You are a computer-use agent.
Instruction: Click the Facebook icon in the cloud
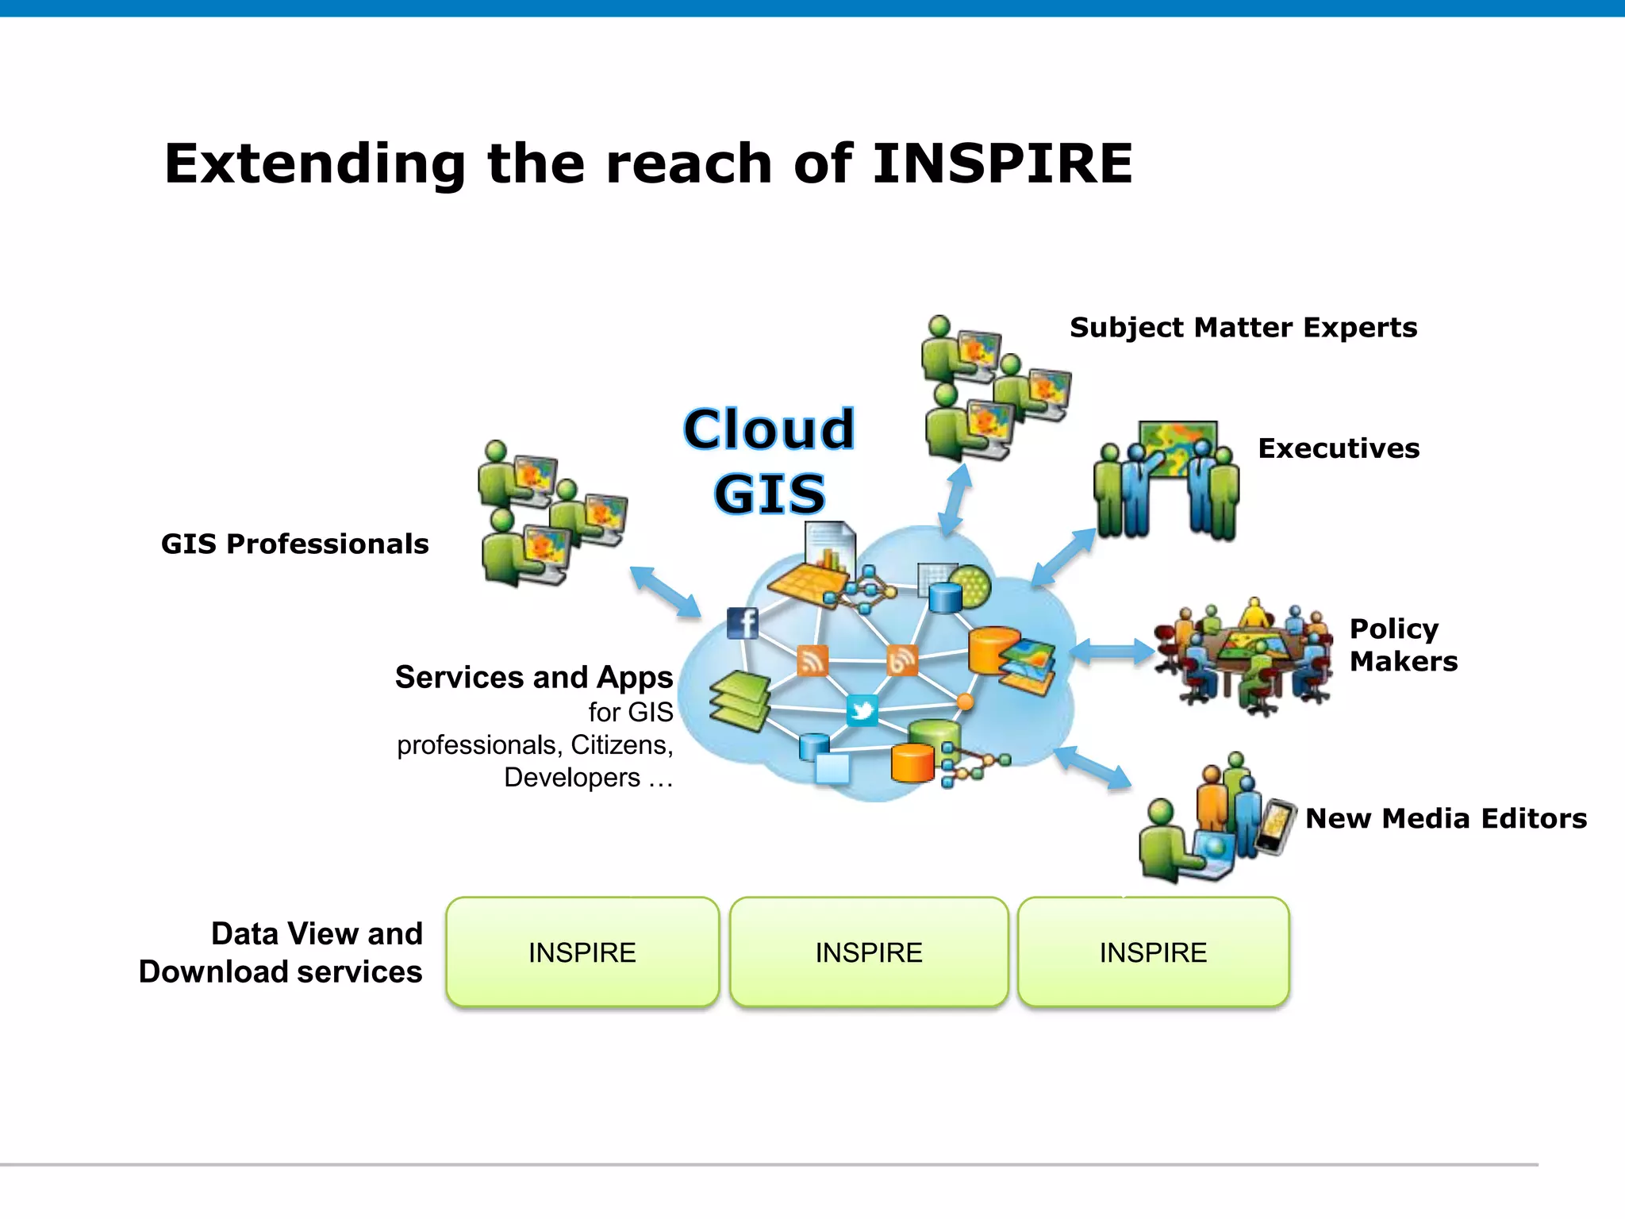743,623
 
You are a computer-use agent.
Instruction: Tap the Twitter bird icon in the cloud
862,709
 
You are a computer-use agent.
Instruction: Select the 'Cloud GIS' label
770,460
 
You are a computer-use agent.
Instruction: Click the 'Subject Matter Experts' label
1243,327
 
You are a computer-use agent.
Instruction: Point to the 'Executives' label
1339,448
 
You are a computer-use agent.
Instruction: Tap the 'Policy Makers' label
1403,644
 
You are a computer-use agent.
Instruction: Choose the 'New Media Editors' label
1446,818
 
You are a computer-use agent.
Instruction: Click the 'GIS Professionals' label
294,544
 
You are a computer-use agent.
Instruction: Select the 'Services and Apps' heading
534,677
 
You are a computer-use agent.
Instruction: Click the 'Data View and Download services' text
281,952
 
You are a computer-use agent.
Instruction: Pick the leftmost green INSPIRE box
582,952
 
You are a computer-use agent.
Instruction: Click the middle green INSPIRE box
869,952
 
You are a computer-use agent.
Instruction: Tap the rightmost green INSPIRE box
1153,952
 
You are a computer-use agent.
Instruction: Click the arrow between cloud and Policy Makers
1112,652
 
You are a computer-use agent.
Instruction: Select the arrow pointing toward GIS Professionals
665,591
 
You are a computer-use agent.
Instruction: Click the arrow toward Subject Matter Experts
955,498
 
